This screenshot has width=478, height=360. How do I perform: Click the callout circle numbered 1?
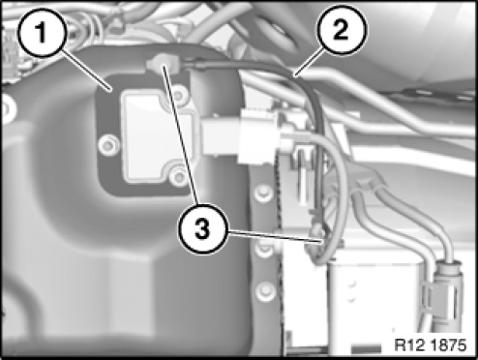tap(42, 33)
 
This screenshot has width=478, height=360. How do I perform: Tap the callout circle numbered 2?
tap(342, 30)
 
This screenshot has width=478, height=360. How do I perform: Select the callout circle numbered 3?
tap(203, 229)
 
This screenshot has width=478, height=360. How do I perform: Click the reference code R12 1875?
tap(431, 345)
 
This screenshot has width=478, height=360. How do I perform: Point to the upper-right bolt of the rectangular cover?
tap(178, 96)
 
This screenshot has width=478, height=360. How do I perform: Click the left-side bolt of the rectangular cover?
tap(108, 145)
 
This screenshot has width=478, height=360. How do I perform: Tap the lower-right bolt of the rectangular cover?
tap(178, 176)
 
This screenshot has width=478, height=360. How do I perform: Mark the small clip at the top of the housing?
tap(163, 64)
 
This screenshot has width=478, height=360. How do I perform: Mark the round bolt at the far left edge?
tap(7, 109)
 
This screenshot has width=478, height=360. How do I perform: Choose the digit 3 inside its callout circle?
tap(203, 229)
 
